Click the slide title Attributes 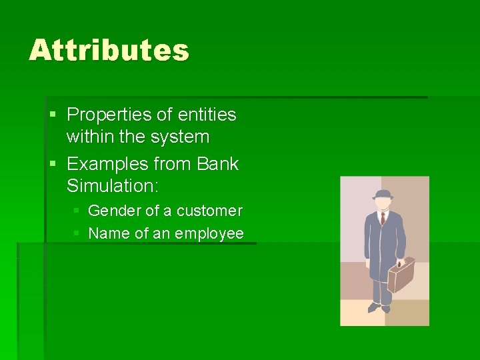coord(109,51)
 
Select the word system coord(180,137)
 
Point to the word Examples coord(108,164)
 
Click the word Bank coord(217,164)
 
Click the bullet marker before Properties coord(53,115)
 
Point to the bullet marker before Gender coord(77,211)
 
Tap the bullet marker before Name coord(77,234)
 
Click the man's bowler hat coord(383,195)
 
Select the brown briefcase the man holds coord(401,274)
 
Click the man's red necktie coord(383,219)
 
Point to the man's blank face coord(383,203)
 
